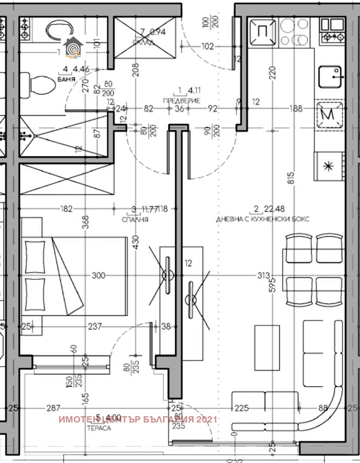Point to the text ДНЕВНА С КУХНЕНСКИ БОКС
pos(263,219)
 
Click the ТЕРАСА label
pos(99,428)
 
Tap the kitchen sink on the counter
pos(330,76)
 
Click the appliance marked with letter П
pos(261,32)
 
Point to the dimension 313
pos(264,275)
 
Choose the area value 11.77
pos(150,209)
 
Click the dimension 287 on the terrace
pos(54,408)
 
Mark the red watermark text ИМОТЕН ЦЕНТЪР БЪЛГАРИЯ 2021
pos(138,419)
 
